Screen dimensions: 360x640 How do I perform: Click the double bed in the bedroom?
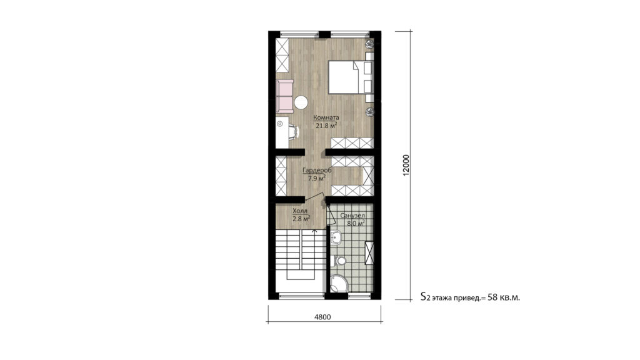point(344,77)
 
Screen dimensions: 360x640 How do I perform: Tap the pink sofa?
point(284,96)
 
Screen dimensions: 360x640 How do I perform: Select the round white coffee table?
point(302,102)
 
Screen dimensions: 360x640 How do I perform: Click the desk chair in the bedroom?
point(292,130)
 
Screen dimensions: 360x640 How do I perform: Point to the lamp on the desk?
point(279,124)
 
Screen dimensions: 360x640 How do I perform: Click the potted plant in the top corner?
point(369,44)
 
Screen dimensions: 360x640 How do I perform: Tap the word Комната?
point(326,117)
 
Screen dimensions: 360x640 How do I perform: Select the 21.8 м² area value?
point(326,126)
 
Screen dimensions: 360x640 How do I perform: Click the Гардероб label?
point(316,170)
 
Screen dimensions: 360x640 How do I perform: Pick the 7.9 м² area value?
point(316,178)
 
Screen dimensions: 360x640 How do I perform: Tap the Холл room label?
point(300,211)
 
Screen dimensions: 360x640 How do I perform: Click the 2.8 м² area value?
point(301,219)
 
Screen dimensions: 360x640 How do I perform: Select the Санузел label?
point(352,214)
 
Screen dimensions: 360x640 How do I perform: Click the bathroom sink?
point(336,236)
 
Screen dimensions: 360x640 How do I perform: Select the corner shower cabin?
point(339,284)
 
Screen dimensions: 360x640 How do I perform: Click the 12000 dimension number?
point(406,166)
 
